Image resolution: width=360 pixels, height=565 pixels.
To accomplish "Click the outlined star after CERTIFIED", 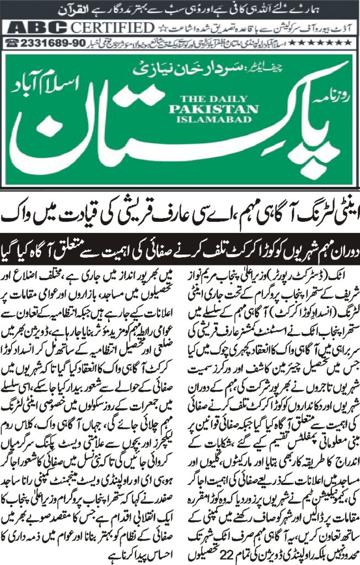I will (160, 28).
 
